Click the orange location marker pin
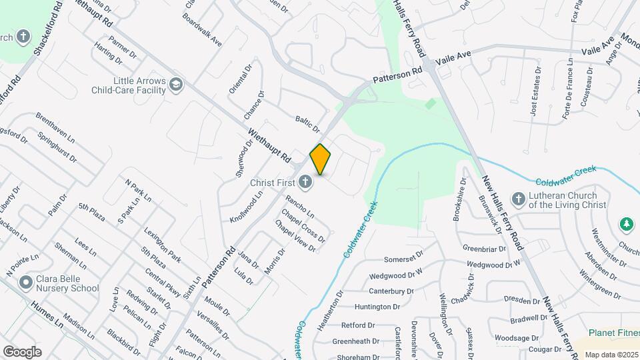click(x=321, y=159)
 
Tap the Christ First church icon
click(x=305, y=181)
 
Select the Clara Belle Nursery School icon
click(x=27, y=283)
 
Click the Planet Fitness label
click(x=613, y=333)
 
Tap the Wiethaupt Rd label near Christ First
click(x=270, y=145)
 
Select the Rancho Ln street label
click(x=300, y=206)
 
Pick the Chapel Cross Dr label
click(x=303, y=226)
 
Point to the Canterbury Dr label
click(x=391, y=291)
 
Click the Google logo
click(x=22, y=351)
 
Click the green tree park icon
click(x=626, y=224)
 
